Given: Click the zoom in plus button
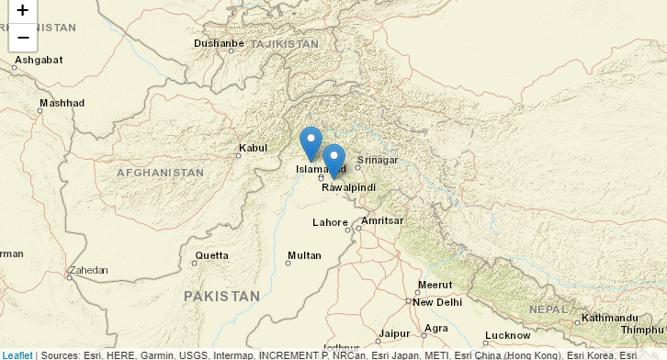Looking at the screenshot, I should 23,11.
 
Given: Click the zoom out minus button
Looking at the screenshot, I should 23,37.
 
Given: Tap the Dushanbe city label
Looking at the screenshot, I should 219,43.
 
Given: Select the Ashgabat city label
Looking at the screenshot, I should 40,60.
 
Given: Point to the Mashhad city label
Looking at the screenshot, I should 62,103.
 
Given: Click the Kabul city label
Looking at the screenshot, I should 253,148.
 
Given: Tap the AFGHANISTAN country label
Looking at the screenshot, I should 160,173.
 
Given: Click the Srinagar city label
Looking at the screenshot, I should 378,160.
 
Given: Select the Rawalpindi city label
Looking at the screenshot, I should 349,187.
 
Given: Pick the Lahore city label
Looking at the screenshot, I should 330,222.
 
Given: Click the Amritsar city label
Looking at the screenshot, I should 382,221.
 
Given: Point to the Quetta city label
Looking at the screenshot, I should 211,255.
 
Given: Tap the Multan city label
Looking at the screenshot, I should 304,255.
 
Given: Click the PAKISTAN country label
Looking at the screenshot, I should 221,296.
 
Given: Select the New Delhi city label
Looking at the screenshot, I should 436,302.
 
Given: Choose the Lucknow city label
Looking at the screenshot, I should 508,336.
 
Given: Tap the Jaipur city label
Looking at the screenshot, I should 394,333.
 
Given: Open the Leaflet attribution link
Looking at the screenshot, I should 17,354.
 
